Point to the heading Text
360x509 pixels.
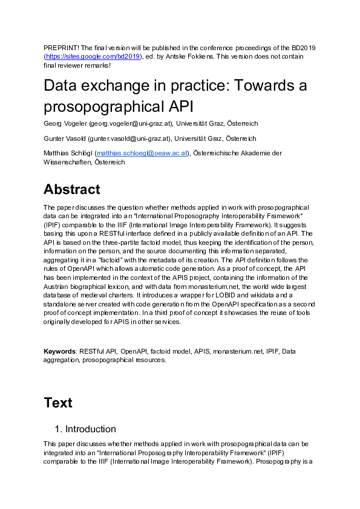pos(58,403)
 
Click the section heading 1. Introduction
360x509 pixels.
pos(85,429)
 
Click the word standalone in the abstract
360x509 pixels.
pos(63,303)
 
